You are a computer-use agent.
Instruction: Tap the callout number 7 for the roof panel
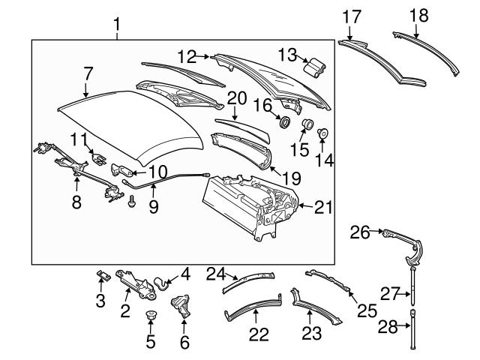[88, 75]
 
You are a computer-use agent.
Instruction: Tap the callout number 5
[150, 343]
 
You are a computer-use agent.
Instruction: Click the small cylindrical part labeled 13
[313, 67]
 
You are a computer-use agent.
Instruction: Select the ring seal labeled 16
[285, 121]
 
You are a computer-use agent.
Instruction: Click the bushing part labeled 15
[306, 124]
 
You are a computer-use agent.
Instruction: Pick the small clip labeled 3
[103, 275]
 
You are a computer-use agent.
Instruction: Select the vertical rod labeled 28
[412, 330]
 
